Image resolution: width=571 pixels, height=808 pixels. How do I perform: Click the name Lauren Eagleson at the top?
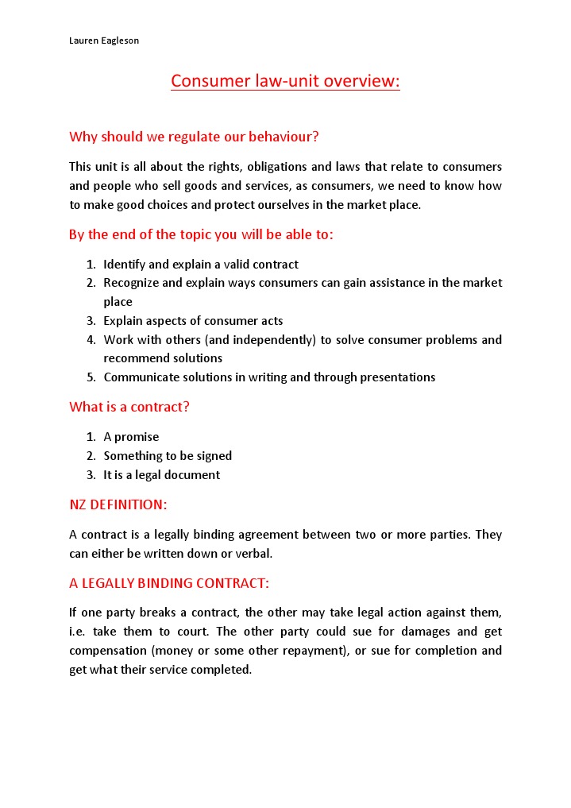[x=104, y=41]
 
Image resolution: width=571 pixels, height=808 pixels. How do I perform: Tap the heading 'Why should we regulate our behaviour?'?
[x=194, y=137]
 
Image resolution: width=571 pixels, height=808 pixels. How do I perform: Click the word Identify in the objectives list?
[x=125, y=264]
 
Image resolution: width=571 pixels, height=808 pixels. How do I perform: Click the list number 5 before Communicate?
[x=91, y=377]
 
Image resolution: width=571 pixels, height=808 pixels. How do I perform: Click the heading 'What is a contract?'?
[x=129, y=407]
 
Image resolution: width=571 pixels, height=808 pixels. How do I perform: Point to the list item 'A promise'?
[x=131, y=437]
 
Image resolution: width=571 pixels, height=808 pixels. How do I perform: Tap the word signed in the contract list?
[x=214, y=456]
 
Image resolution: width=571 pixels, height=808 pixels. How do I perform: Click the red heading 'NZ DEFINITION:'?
[x=118, y=505]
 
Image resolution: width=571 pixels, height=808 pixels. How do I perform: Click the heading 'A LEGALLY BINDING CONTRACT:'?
[x=169, y=583]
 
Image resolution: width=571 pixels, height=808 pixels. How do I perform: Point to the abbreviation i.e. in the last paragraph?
[x=79, y=632]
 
